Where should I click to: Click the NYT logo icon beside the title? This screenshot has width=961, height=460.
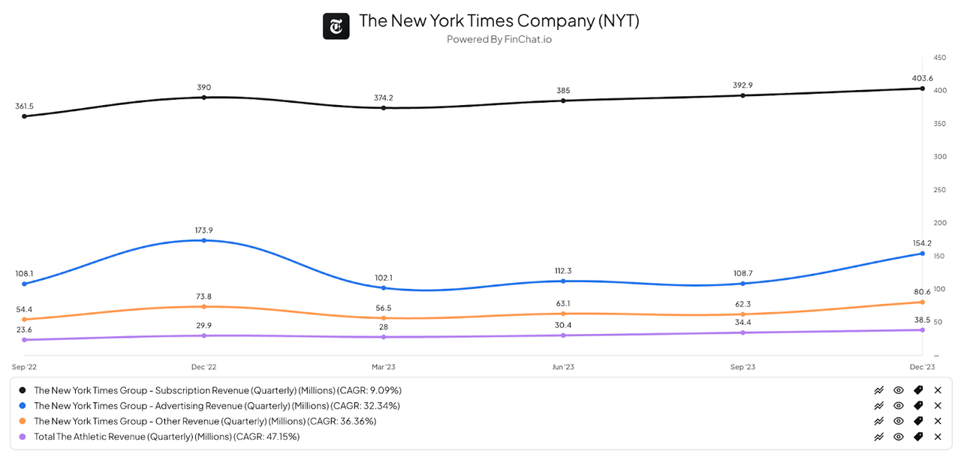pyautogui.click(x=336, y=27)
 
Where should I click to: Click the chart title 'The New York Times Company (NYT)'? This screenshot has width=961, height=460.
pyautogui.click(x=499, y=21)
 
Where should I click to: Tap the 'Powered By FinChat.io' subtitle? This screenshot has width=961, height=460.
pyautogui.click(x=499, y=39)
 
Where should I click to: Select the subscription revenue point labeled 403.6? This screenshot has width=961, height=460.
pyautogui.click(x=922, y=89)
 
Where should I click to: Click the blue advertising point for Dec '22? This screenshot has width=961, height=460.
pyautogui.click(x=204, y=240)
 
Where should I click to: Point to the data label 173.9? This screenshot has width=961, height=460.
pyautogui.click(x=204, y=230)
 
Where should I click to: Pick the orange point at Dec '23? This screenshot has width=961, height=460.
pyautogui.click(x=922, y=302)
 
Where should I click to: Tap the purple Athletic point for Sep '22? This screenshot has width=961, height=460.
pyautogui.click(x=24, y=340)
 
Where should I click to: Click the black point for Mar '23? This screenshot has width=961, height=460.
pyautogui.click(x=384, y=108)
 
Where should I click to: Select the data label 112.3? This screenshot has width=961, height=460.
pyautogui.click(x=563, y=270)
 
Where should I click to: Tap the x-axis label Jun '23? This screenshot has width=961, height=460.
pyautogui.click(x=563, y=367)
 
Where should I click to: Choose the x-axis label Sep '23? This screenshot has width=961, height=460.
pyautogui.click(x=743, y=367)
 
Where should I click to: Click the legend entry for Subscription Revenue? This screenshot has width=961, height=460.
pyautogui.click(x=218, y=390)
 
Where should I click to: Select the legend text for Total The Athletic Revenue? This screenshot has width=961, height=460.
pyautogui.click(x=167, y=436)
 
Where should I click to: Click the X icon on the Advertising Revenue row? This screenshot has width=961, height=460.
pyautogui.click(x=938, y=405)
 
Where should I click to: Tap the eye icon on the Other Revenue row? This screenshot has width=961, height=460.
pyautogui.click(x=899, y=421)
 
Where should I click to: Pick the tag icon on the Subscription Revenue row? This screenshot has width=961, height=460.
pyautogui.click(x=918, y=390)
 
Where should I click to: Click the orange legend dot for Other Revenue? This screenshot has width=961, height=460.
pyautogui.click(x=23, y=421)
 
